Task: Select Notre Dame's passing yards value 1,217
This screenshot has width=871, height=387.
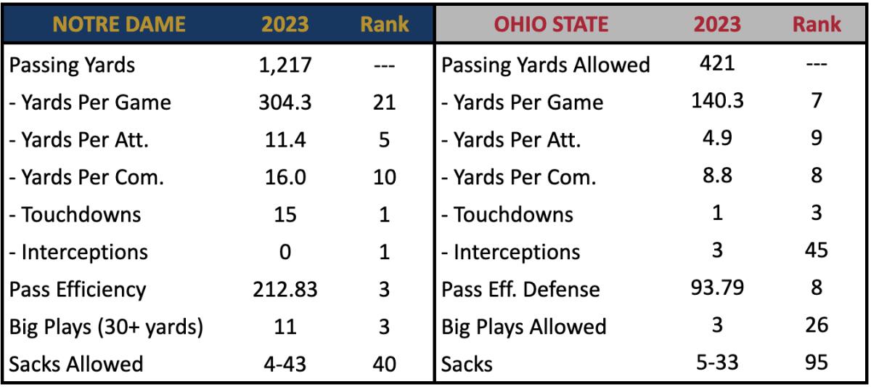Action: pyautogui.click(x=285, y=65)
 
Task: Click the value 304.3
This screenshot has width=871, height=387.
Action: pyautogui.click(x=285, y=102)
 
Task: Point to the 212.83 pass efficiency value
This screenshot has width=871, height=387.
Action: pyautogui.click(x=285, y=289)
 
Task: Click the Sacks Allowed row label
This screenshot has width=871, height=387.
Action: pyautogui.click(x=76, y=364)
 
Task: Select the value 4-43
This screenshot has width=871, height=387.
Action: pyautogui.click(x=285, y=364)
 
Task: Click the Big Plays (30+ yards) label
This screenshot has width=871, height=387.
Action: pyautogui.click(x=105, y=327)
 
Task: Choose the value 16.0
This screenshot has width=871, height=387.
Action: pyautogui.click(x=285, y=177)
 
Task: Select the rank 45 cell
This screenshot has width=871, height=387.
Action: pyautogui.click(x=817, y=250)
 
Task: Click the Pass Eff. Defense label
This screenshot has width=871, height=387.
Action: pyautogui.click(x=521, y=290)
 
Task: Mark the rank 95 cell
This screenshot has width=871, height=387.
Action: pyautogui.click(x=817, y=362)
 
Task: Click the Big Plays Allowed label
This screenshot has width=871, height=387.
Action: pyautogui.click(x=524, y=327)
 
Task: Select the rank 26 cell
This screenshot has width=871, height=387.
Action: pyautogui.click(x=817, y=325)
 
